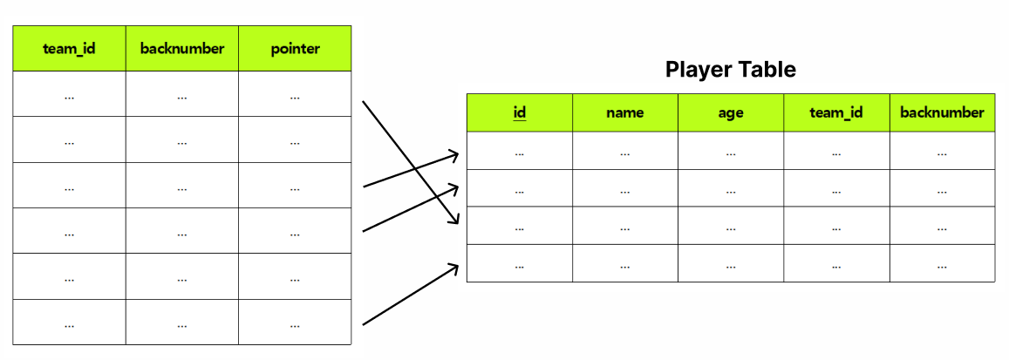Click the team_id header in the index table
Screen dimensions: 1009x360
coord(69,49)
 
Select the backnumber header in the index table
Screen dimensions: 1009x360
coord(181,49)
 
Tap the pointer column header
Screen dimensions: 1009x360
coord(295,49)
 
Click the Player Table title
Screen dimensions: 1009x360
coord(730,70)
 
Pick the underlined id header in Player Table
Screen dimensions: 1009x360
coord(520,112)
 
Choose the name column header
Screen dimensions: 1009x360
coord(624,112)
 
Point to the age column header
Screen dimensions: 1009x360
coord(731,112)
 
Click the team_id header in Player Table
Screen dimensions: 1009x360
coord(836,112)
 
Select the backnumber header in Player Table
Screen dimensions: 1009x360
coord(942,112)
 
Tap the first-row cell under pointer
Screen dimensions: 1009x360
coord(295,94)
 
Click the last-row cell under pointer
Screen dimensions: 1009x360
coord(295,323)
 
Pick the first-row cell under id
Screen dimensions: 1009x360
coord(520,151)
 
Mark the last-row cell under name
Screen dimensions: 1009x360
coord(624,263)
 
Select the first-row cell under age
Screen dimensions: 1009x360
coord(731,151)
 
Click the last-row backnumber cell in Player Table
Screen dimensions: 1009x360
coord(942,263)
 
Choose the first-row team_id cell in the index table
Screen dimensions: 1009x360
coord(69,94)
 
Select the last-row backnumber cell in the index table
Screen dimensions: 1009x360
coord(181,323)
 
